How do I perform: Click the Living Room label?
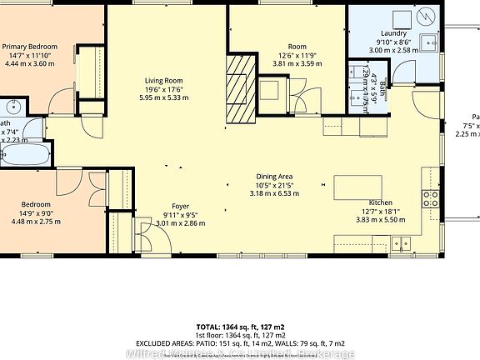pyautogui.click(x=163, y=81)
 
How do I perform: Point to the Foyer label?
pyautogui.click(x=181, y=206)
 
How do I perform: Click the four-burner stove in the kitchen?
pyautogui.click(x=431, y=197)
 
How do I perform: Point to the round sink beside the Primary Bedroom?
pyautogui.click(x=14, y=107)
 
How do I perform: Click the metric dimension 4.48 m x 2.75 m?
pyautogui.click(x=37, y=222)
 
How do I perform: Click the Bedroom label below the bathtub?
pyautogui.click(x=37, y=204)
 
